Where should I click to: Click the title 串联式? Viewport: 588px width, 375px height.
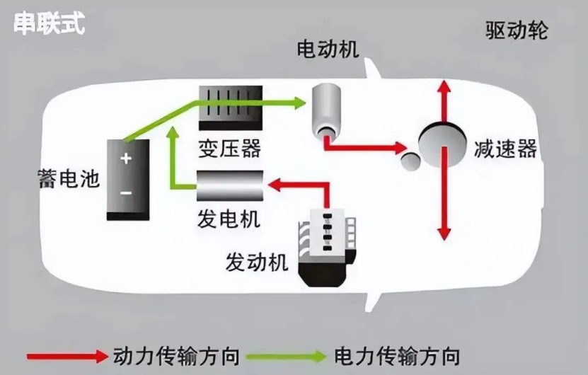[49, 23]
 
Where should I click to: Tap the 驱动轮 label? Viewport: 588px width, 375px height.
[517, 30]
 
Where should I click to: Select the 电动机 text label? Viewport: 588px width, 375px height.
[328, 49]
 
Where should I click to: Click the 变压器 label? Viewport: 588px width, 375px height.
[229, 148]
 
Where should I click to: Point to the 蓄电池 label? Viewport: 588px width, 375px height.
[69, 178]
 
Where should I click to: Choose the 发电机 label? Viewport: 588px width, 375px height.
[229, 219]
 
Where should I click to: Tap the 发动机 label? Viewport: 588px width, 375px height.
[257, 262]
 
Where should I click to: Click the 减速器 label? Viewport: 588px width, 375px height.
[505, 149]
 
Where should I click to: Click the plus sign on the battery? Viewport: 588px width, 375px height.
[126, 158]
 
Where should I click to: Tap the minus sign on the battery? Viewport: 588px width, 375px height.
[126, 193]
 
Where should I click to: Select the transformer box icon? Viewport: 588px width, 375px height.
[230, 108]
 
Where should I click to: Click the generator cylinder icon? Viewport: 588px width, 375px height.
[230, 186]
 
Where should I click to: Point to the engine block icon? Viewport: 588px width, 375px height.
[327, 248]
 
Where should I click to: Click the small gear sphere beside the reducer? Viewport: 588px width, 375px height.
[410, 161]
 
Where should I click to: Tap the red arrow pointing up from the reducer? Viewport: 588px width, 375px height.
[445, 101]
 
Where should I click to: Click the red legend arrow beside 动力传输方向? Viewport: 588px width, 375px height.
[67, 355]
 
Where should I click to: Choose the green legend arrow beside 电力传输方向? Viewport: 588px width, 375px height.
[287, 356]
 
